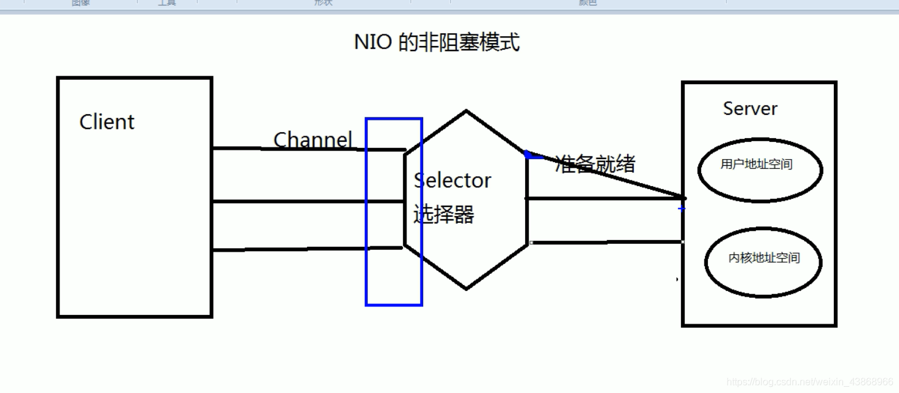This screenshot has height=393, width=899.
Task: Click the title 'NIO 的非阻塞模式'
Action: (x=437, y=42)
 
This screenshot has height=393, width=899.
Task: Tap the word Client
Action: (x=107, y=122)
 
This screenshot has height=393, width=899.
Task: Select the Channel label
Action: (x=313, y=139)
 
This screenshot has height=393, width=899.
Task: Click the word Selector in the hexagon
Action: (x=453, y=181)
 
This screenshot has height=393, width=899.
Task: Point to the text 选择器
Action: (x=443, y=214)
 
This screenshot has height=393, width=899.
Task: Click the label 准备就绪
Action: (x=595, y=163)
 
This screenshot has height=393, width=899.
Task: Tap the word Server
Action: (x=750, y=109)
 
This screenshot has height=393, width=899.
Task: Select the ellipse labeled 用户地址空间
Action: (x=760, y=169)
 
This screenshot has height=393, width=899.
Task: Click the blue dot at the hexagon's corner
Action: (x=527, y=154)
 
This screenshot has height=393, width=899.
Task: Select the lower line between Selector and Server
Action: (x=607, y=243)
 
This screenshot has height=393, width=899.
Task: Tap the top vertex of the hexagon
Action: (x=466, y=111)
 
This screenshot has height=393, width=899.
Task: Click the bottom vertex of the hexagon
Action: (x=466, y=289)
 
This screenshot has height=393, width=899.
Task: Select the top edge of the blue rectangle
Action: (x=394, y=119)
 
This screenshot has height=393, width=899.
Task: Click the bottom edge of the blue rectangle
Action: (x=394, y=305)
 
